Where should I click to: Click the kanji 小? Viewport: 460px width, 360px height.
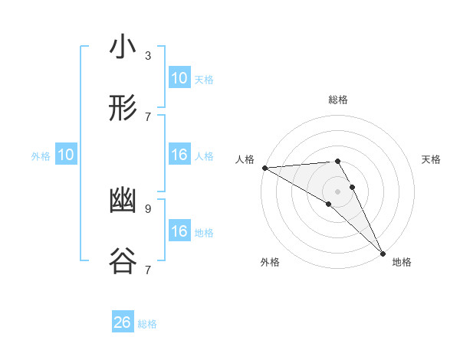coord(123,48)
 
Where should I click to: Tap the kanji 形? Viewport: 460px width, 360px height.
coord(123,110)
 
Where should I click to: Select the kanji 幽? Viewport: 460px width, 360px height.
coord(123,201)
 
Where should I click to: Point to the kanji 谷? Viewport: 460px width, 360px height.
coord(123,262)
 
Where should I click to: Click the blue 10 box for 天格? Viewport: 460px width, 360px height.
coord(179,78)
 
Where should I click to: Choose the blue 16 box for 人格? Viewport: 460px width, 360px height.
coord(179,155)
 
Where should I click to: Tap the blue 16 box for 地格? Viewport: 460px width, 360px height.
coord(179,231)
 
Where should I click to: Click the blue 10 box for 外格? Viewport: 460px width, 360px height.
coord(66,155)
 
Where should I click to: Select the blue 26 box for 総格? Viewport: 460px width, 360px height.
coord(123,322)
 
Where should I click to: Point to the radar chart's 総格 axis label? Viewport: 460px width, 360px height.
coord(337,100)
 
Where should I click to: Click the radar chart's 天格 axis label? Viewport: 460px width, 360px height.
coord(431,159)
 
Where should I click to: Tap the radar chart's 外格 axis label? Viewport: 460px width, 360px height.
coord(270,262)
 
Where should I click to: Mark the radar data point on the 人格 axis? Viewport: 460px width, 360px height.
coord(264,168)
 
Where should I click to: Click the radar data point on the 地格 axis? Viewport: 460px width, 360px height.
coord(382,252)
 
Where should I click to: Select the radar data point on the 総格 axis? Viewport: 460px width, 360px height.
coord(337,161)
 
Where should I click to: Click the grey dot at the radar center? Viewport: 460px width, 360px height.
coord(337,191)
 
